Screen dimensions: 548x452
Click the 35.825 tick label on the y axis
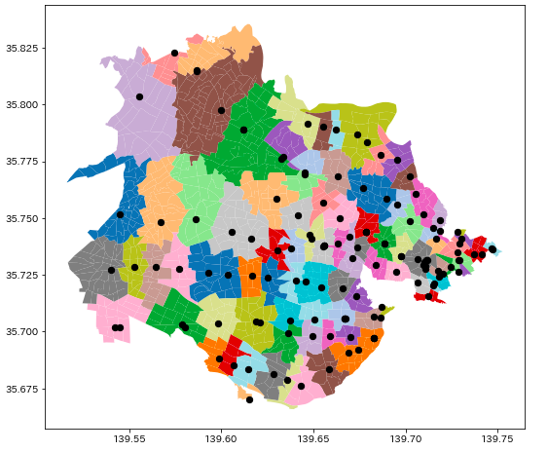(x=22, y=48)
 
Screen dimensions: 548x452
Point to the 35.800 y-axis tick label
(x=22, y=104)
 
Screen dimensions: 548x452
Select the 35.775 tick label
(x=22, y=162)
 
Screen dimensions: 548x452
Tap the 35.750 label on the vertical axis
(x=22, y=218)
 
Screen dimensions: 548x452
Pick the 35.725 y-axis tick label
(x=22, y=276)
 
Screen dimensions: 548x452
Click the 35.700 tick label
(x=22, y=332)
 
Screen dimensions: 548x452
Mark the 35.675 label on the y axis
(x=22, y=390)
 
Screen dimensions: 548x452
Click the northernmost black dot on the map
(x=175, y=53)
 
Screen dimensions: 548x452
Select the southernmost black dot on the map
(x=249, y=399)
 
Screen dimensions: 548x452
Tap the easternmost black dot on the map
(x=493, y=249)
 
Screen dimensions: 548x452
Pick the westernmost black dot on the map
(x=111, y=270)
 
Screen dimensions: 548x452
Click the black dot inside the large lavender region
(x=139, y=96)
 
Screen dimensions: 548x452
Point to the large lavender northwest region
(x=141, y=117)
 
